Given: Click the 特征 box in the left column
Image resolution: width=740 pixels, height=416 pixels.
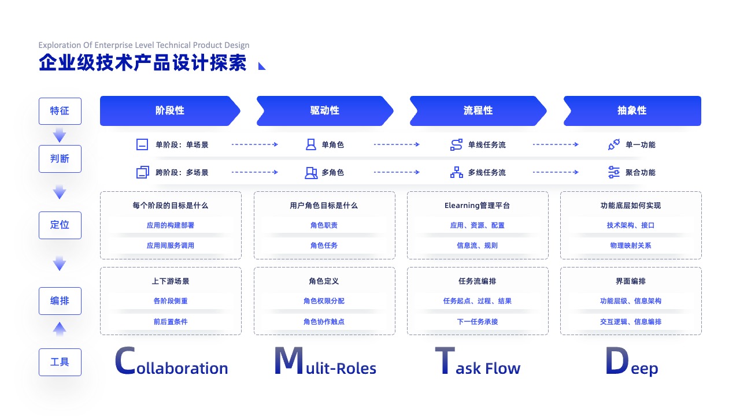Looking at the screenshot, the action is [x=60, y=111].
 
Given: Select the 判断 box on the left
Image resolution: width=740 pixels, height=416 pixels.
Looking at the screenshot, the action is [x=60, y=159].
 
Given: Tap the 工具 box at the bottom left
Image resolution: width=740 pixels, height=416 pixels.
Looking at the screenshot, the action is [x=60, y=362].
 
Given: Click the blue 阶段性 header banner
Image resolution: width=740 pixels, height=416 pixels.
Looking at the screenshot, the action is [x=170, y=110].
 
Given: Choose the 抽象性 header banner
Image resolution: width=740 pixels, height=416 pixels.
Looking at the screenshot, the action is [x=632, y=110].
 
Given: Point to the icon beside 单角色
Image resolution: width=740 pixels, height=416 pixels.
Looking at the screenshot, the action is [x=310, y=144].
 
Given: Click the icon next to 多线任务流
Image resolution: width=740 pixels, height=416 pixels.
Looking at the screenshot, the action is [x=457, y=172].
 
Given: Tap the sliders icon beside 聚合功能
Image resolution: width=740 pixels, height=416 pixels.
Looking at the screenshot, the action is [x=614, y=172].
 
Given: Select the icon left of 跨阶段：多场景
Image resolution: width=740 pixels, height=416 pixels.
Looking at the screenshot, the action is [x=143, y=172].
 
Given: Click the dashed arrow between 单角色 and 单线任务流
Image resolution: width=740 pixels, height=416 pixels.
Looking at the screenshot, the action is [x=397, y=144].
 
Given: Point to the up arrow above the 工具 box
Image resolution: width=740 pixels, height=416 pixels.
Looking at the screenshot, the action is [x=60, y=329].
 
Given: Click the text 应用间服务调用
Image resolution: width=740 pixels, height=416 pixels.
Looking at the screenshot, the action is [x=171, y=246].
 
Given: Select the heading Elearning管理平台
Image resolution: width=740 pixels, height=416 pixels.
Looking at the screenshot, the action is [x=477, y=206].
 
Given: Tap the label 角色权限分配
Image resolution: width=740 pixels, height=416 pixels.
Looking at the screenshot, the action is [x=324, y=301].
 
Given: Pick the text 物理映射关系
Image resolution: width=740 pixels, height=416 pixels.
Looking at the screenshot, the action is [x=631, y=246].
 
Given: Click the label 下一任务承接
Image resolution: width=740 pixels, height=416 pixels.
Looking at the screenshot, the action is [x=478, y=322].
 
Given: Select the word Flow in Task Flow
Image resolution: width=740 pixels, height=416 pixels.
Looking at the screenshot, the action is [x=503, y=368].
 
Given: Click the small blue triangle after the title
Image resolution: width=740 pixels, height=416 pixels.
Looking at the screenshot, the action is [x=261, y=66].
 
